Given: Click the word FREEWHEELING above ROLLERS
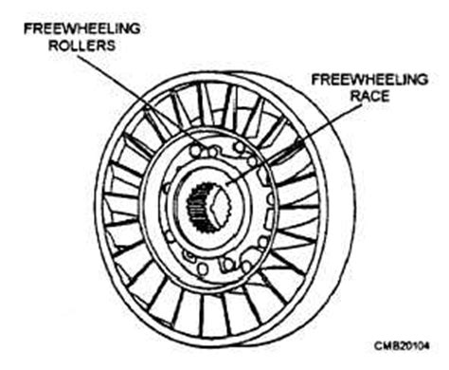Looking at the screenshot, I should pos(83,28).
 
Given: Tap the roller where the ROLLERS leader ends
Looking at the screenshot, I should pos(198,149).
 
